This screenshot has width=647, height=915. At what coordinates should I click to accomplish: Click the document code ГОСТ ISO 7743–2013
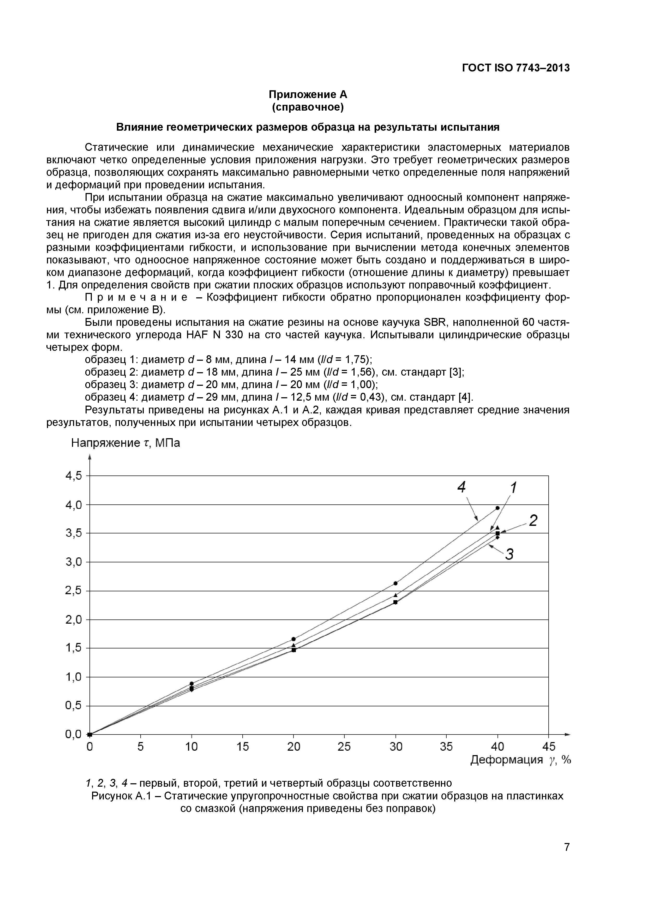516,68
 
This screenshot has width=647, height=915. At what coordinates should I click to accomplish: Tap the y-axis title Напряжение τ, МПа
125,443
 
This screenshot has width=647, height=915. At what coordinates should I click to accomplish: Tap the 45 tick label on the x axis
549,747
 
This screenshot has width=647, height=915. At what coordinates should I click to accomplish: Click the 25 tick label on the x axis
344,747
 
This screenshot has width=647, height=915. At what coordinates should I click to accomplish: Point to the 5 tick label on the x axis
141,747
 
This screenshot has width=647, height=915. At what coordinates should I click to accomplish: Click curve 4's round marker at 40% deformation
498,508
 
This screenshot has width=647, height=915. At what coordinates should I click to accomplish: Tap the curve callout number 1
513,487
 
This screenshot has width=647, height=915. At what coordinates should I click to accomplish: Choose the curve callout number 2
533,520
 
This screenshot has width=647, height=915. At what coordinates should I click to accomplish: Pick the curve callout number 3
509,554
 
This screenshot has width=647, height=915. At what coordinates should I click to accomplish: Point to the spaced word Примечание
136,298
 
